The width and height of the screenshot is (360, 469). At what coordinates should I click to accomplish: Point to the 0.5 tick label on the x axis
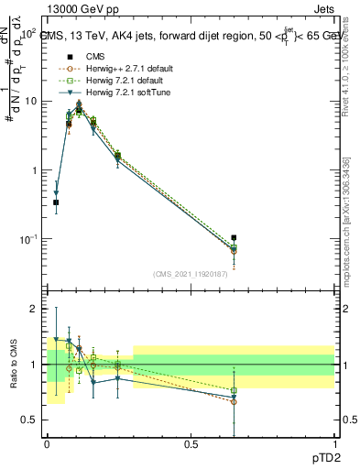pos(191,443)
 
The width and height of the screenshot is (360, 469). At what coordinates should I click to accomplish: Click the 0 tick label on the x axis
pos(47,443)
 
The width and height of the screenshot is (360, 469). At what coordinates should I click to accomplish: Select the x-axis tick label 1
pos(334,443)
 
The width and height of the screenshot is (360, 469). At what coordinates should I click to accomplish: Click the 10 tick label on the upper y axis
pos(30,101)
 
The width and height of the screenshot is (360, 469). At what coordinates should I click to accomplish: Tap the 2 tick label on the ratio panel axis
pos(34,309)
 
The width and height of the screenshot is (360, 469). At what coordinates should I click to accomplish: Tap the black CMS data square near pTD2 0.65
pos(234,238)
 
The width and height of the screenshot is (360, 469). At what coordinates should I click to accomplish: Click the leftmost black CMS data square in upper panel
pos(56,202)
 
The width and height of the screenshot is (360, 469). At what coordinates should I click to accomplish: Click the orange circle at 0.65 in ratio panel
pos(234,402)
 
